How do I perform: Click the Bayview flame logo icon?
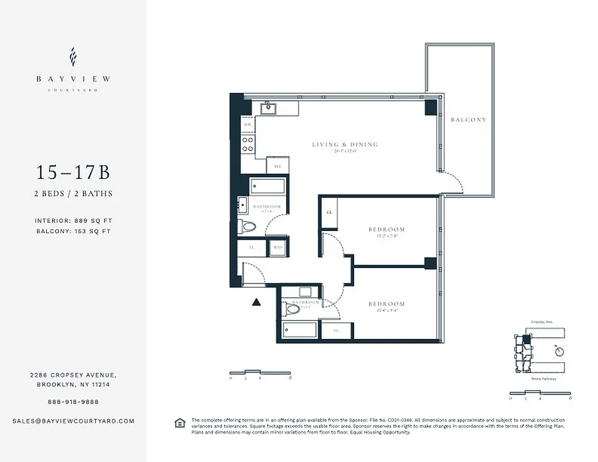point(73,57)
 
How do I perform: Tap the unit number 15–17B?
point(73,173)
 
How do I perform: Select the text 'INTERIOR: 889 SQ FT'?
point(73,221)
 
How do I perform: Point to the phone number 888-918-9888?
point(73,401)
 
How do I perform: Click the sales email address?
point(73,421)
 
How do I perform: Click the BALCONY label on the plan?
point(468,120)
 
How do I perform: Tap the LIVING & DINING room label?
point(344,144)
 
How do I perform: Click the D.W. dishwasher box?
point(247,125)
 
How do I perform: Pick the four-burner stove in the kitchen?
point(248,144)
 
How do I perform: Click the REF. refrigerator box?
point(277,165)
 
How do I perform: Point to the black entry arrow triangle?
point(257,301)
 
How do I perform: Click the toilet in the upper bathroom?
point(248,226)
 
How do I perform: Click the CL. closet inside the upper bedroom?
point(329,213)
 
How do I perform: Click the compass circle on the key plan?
point(559,351)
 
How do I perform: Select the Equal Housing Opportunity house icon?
point(180,423)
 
